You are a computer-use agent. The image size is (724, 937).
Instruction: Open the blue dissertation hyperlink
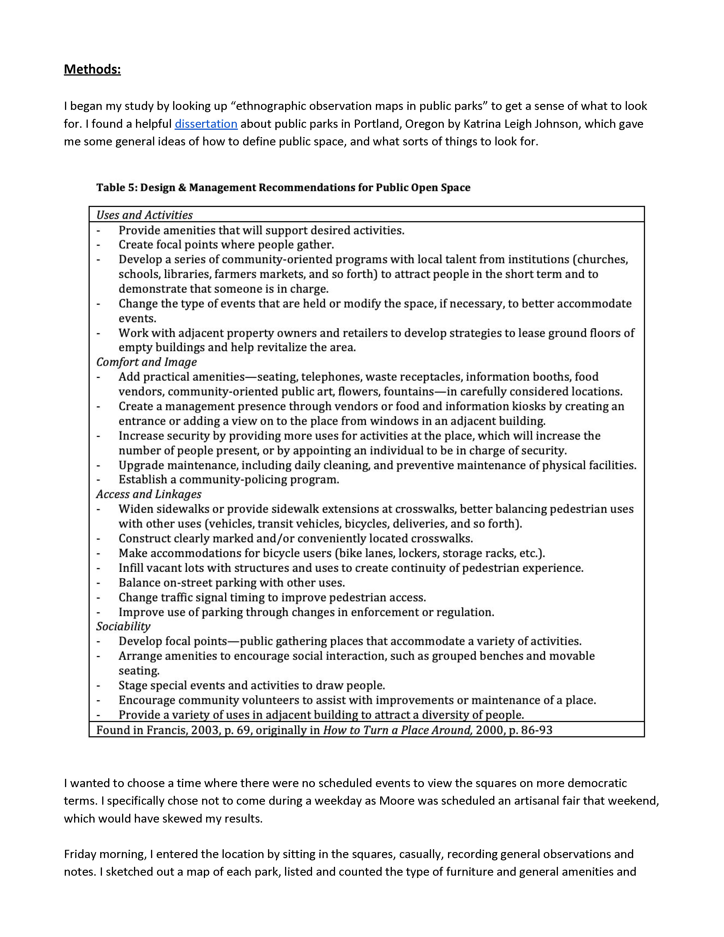(x=206, y=124)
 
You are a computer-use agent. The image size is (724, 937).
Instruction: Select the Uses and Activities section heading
(x=144, y=215)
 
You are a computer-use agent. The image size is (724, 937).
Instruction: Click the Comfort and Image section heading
(x=146, y=362)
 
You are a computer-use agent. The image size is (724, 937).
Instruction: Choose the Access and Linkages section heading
(x=148, y=494)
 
